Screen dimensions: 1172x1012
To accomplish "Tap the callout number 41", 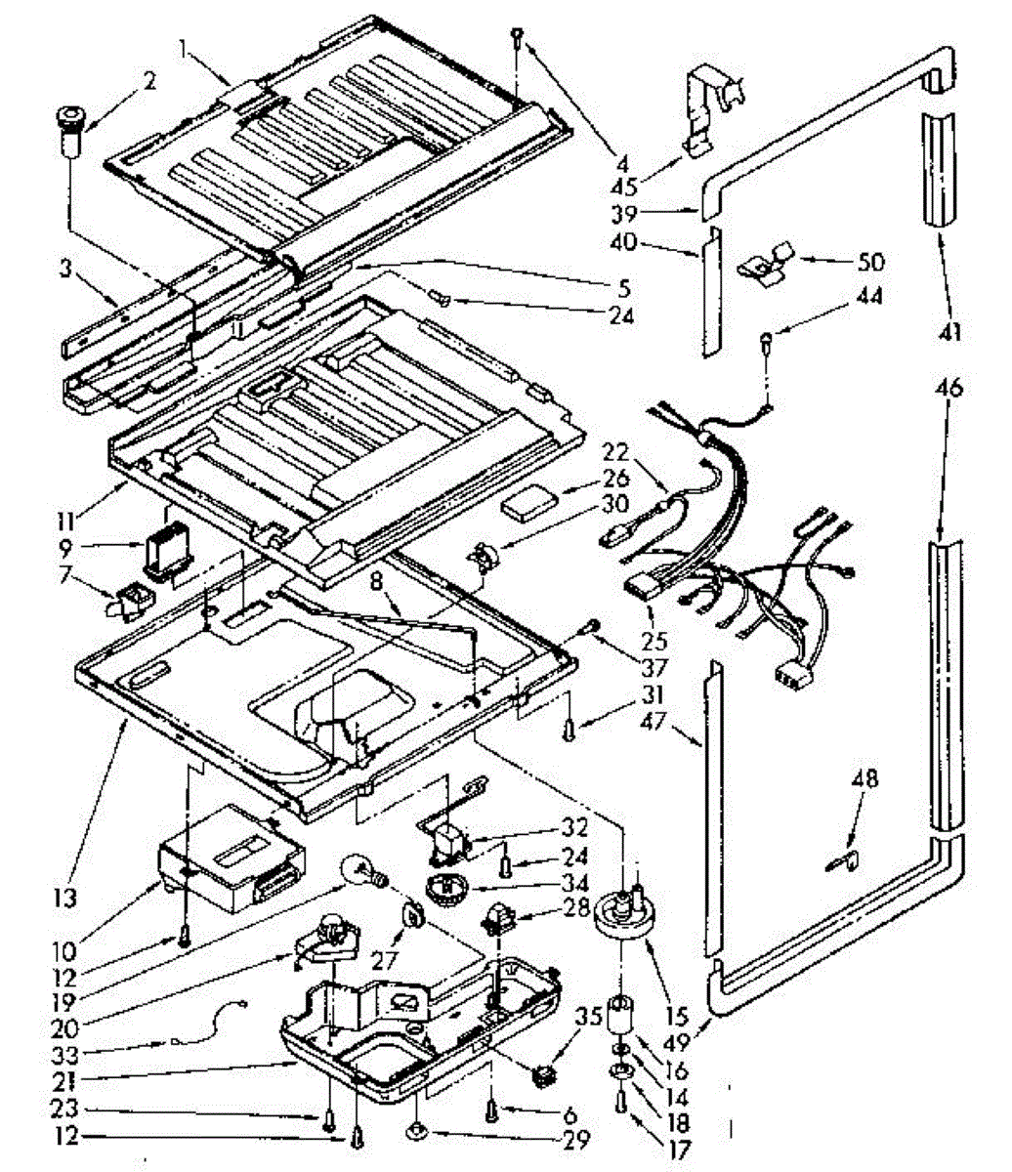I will tap(950, 334).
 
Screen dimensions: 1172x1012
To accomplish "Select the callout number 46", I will tap(949, 387).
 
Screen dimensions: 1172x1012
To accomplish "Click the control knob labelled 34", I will tap(448, 890).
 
